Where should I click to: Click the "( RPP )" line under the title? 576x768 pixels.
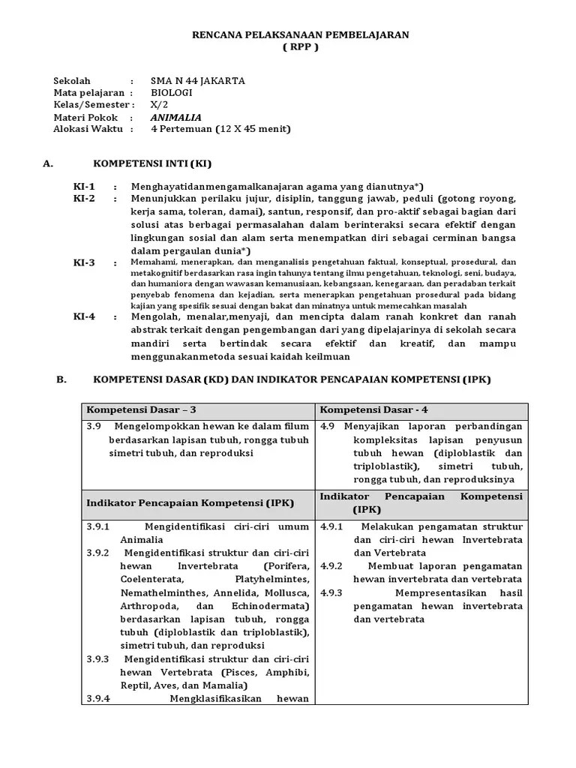coord(300,47)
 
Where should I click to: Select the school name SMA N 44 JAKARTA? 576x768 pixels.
coord(197,81)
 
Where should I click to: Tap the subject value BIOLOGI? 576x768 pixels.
coord(171,93)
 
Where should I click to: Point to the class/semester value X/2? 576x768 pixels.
coord(159,105)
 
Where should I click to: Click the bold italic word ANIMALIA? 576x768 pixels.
coord(176,117)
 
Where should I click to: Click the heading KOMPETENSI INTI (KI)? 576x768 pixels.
coord(157,163)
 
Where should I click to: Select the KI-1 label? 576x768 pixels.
coord(84,186)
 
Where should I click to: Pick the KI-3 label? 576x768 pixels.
coord(84,262)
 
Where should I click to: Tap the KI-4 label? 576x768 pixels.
coord(84,316)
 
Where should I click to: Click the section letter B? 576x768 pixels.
coord(61,379)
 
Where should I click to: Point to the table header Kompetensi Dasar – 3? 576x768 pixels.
coord(141,409)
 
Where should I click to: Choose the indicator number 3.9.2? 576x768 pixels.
coord(97,552)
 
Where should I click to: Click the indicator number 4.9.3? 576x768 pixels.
coord(331,592)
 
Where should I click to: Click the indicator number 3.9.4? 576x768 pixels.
coord(97,699)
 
